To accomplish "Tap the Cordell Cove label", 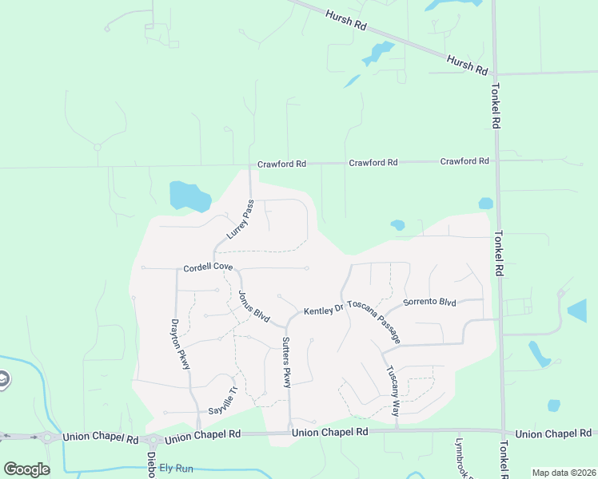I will [208, 267].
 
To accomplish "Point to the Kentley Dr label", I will [323, 309].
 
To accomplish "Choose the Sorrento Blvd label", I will [429, 302].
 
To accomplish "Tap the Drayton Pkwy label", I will [181, 344].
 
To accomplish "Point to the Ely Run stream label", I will [177, 466].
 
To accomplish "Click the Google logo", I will [26, 469].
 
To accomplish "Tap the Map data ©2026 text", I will [563, 473].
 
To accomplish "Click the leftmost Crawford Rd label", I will [281, 164].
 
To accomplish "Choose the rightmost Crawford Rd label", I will [464, 161].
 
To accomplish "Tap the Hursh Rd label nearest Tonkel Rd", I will [468, 65].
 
